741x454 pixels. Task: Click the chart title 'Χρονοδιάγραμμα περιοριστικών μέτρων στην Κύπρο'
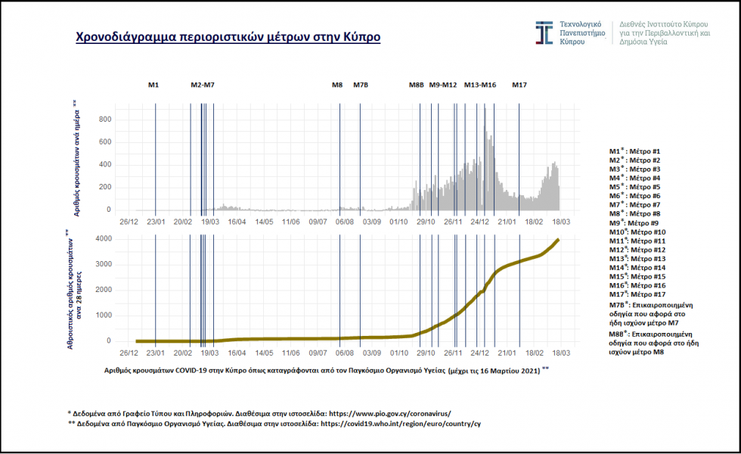click(x=228, y=37)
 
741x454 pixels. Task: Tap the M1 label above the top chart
click(x=153, y=85)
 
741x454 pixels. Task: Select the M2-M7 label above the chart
click(x=203, y=85)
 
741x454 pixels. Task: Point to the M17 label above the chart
click(x=519, y=85)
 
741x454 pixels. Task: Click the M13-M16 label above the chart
click(x=480, y=85)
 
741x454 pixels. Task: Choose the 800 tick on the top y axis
click(x=105, y=120)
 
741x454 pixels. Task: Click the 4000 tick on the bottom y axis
click(x=104, y=239)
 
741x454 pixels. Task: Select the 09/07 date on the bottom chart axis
click(x=318, y=352)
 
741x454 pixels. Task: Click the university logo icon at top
click(x=544, y=33)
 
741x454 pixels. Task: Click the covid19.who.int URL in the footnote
click(x=401, y=424)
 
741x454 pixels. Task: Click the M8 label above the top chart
click(x=337, y=85)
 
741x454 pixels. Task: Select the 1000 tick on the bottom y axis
click(x=104, y=316)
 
